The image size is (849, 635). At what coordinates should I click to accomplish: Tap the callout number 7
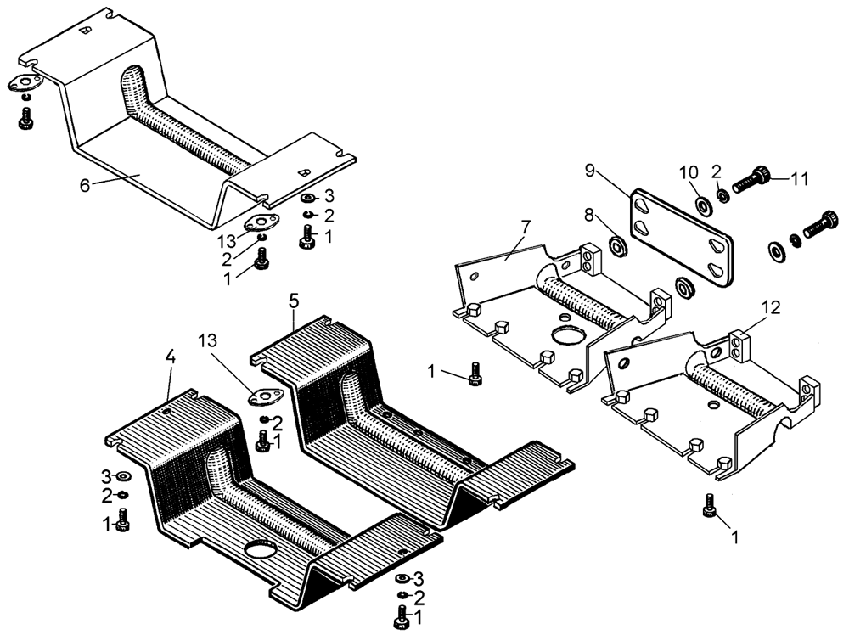click(x=526, y=228)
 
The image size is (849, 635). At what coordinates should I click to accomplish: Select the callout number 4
click(x=171, y=358)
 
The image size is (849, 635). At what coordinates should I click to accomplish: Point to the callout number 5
click(x=294, y=301)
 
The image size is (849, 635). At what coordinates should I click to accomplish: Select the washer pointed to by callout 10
click(x=703, y=205)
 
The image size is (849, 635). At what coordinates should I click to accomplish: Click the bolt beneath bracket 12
click(x=708, y=507)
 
